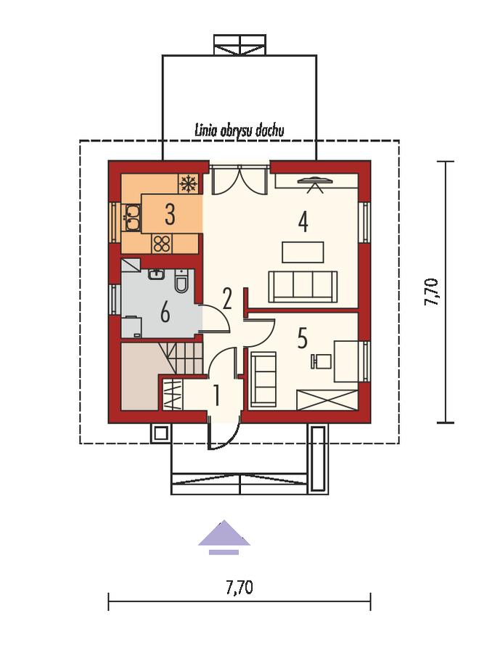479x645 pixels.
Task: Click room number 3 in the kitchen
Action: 170,214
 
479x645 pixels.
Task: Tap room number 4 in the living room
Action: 303,222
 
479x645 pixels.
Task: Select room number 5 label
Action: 303,339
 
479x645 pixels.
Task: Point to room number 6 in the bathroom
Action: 165,314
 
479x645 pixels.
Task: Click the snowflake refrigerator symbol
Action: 189,184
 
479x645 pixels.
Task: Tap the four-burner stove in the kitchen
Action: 162,243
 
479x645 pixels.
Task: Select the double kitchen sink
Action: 132,217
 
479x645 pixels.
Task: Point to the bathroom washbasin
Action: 156,274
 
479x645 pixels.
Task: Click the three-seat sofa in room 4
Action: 303,287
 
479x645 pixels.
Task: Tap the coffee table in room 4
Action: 303,252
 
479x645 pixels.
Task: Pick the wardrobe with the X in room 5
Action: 327,400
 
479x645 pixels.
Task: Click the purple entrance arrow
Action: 224,537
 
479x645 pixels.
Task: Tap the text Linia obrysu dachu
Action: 239,131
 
